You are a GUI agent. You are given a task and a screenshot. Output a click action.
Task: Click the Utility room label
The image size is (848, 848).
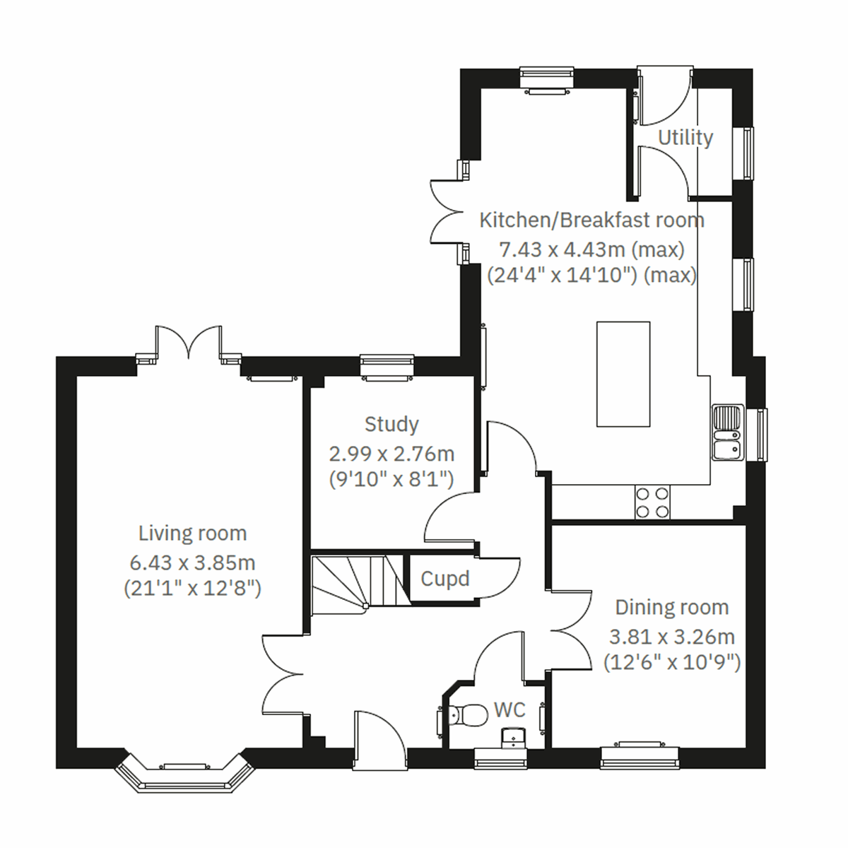[x=685, y=137]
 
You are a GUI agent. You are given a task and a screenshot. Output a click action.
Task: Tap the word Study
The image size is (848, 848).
[x=391, y=424]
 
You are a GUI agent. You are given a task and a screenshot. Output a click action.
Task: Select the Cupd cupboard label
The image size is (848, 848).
[x=444, y=579]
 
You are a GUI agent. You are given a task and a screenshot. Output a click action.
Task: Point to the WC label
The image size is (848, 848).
[x=510, y=709]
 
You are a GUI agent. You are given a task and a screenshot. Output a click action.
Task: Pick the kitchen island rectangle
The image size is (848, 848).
[x=623, y=374]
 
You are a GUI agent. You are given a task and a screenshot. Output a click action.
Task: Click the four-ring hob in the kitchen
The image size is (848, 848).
[x=653, y=502]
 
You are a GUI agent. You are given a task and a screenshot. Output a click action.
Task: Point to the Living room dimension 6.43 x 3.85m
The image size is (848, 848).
[x=192, y=563]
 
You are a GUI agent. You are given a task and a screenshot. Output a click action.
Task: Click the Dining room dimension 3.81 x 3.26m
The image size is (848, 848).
[x=672, y=637]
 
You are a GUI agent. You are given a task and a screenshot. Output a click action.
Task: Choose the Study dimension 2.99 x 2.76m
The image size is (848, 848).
[x=391, y=454]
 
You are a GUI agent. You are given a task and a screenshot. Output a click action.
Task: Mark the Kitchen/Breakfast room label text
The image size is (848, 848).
[x=591, y=220]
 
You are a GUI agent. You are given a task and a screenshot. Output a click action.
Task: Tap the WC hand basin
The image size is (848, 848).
[x=511, y=738]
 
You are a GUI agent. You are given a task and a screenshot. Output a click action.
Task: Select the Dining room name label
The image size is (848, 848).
[x=671, y=607]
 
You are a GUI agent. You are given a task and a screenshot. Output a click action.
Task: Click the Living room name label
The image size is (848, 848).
[x=192, y=534]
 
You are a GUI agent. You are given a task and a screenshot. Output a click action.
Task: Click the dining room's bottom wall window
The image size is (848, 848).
[x=640, y=757]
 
